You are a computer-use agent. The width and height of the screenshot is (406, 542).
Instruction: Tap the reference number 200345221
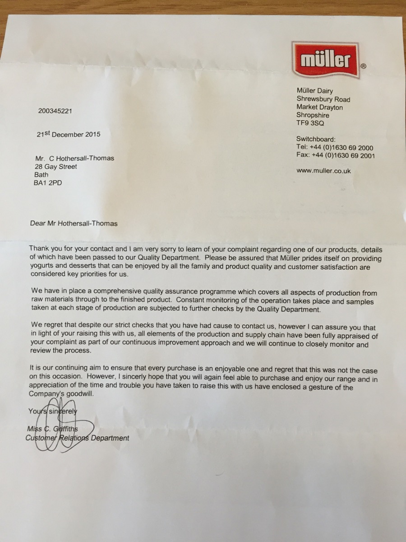[55, 111]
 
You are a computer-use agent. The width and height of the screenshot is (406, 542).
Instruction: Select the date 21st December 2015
[69, 134]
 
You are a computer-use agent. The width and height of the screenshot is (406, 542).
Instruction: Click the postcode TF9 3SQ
[310, 123]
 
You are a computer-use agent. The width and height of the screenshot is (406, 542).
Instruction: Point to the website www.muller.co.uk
[323, 171]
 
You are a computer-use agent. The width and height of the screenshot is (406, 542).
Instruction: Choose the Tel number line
[334, 148]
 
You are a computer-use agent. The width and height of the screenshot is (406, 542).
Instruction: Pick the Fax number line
[335, 156]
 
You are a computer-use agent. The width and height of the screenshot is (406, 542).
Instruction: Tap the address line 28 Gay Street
[56, 167]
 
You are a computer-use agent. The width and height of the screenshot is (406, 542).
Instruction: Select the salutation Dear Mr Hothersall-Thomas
[74, 223]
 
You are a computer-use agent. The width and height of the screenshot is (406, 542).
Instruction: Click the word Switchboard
[316, 139]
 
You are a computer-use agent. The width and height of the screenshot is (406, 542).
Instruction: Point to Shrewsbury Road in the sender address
[323, 99]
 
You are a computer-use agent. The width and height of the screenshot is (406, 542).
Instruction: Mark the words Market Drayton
[319, 107]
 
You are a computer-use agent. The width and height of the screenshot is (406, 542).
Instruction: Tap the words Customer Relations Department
[77, 438]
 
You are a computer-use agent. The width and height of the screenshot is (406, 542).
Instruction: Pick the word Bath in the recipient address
[42, 175]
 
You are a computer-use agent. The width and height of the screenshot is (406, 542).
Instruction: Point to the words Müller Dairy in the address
[314, 91]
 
